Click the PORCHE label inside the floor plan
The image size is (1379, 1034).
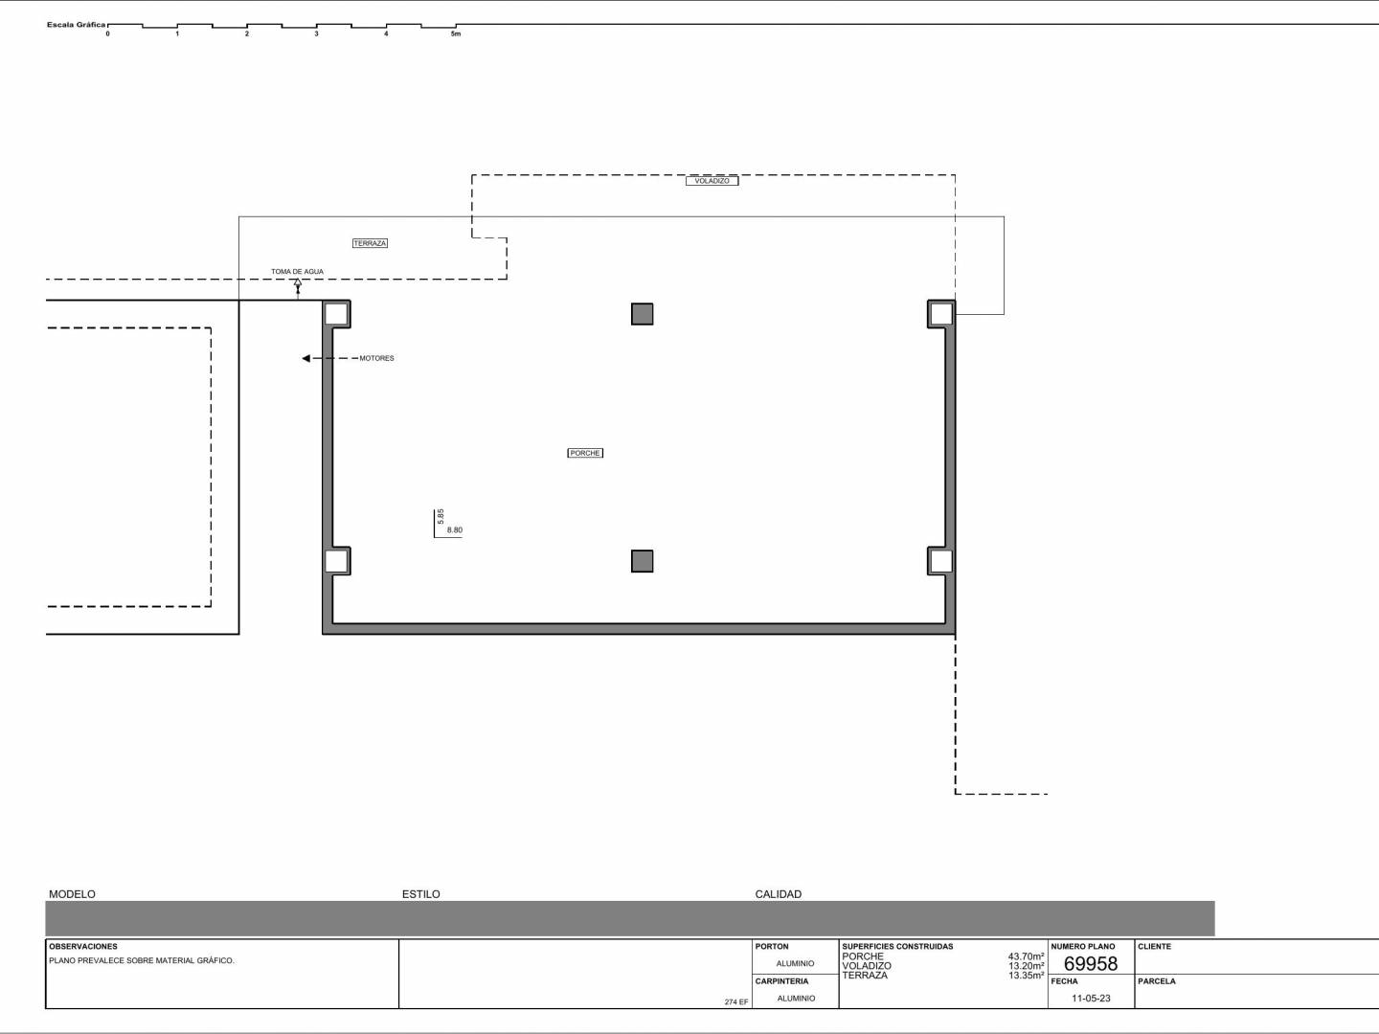(585, 453)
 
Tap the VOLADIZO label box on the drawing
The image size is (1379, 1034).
(712, 181)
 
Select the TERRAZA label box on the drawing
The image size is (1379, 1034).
(370, 243)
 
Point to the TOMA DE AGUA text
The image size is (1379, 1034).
(297, 272)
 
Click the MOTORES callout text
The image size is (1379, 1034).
(376, 358)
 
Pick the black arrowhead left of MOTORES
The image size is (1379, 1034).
(305, 358)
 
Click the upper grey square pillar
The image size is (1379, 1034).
(642, 314)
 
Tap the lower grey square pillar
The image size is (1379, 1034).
(642, 561)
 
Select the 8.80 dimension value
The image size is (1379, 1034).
(454, 529)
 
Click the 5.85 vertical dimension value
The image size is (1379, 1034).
(441, 516)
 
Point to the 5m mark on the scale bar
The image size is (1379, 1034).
(456, 34)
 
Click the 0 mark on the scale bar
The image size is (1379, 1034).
(107, 34)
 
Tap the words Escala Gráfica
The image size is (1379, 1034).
(76, 25)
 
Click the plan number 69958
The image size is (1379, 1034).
(1091, 964)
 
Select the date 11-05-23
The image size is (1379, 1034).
(1091, 999)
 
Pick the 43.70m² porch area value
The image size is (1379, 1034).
(1026, 956)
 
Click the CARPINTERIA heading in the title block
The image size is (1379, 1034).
(781, 981)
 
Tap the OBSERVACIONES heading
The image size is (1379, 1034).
(83, 947)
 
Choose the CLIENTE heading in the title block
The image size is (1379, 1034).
(1154, 947)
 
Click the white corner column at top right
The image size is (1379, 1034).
(941, 314)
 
